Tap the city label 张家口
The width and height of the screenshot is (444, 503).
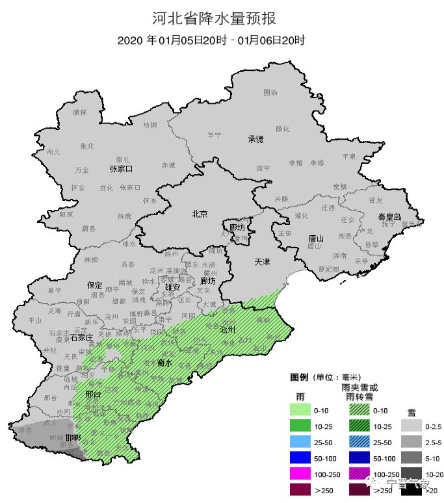point(121,169)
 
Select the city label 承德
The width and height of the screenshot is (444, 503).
point(255,139)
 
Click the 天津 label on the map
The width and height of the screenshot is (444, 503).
point(262,262)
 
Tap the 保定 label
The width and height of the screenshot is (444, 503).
point(95,285)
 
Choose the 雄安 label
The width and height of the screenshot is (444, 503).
point(172,287)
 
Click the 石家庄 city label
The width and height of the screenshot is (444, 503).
point(83,338)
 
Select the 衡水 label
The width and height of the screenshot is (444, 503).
point(165,363)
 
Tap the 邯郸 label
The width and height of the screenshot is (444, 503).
point(73,438)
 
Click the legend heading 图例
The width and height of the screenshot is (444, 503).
point(298,377)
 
